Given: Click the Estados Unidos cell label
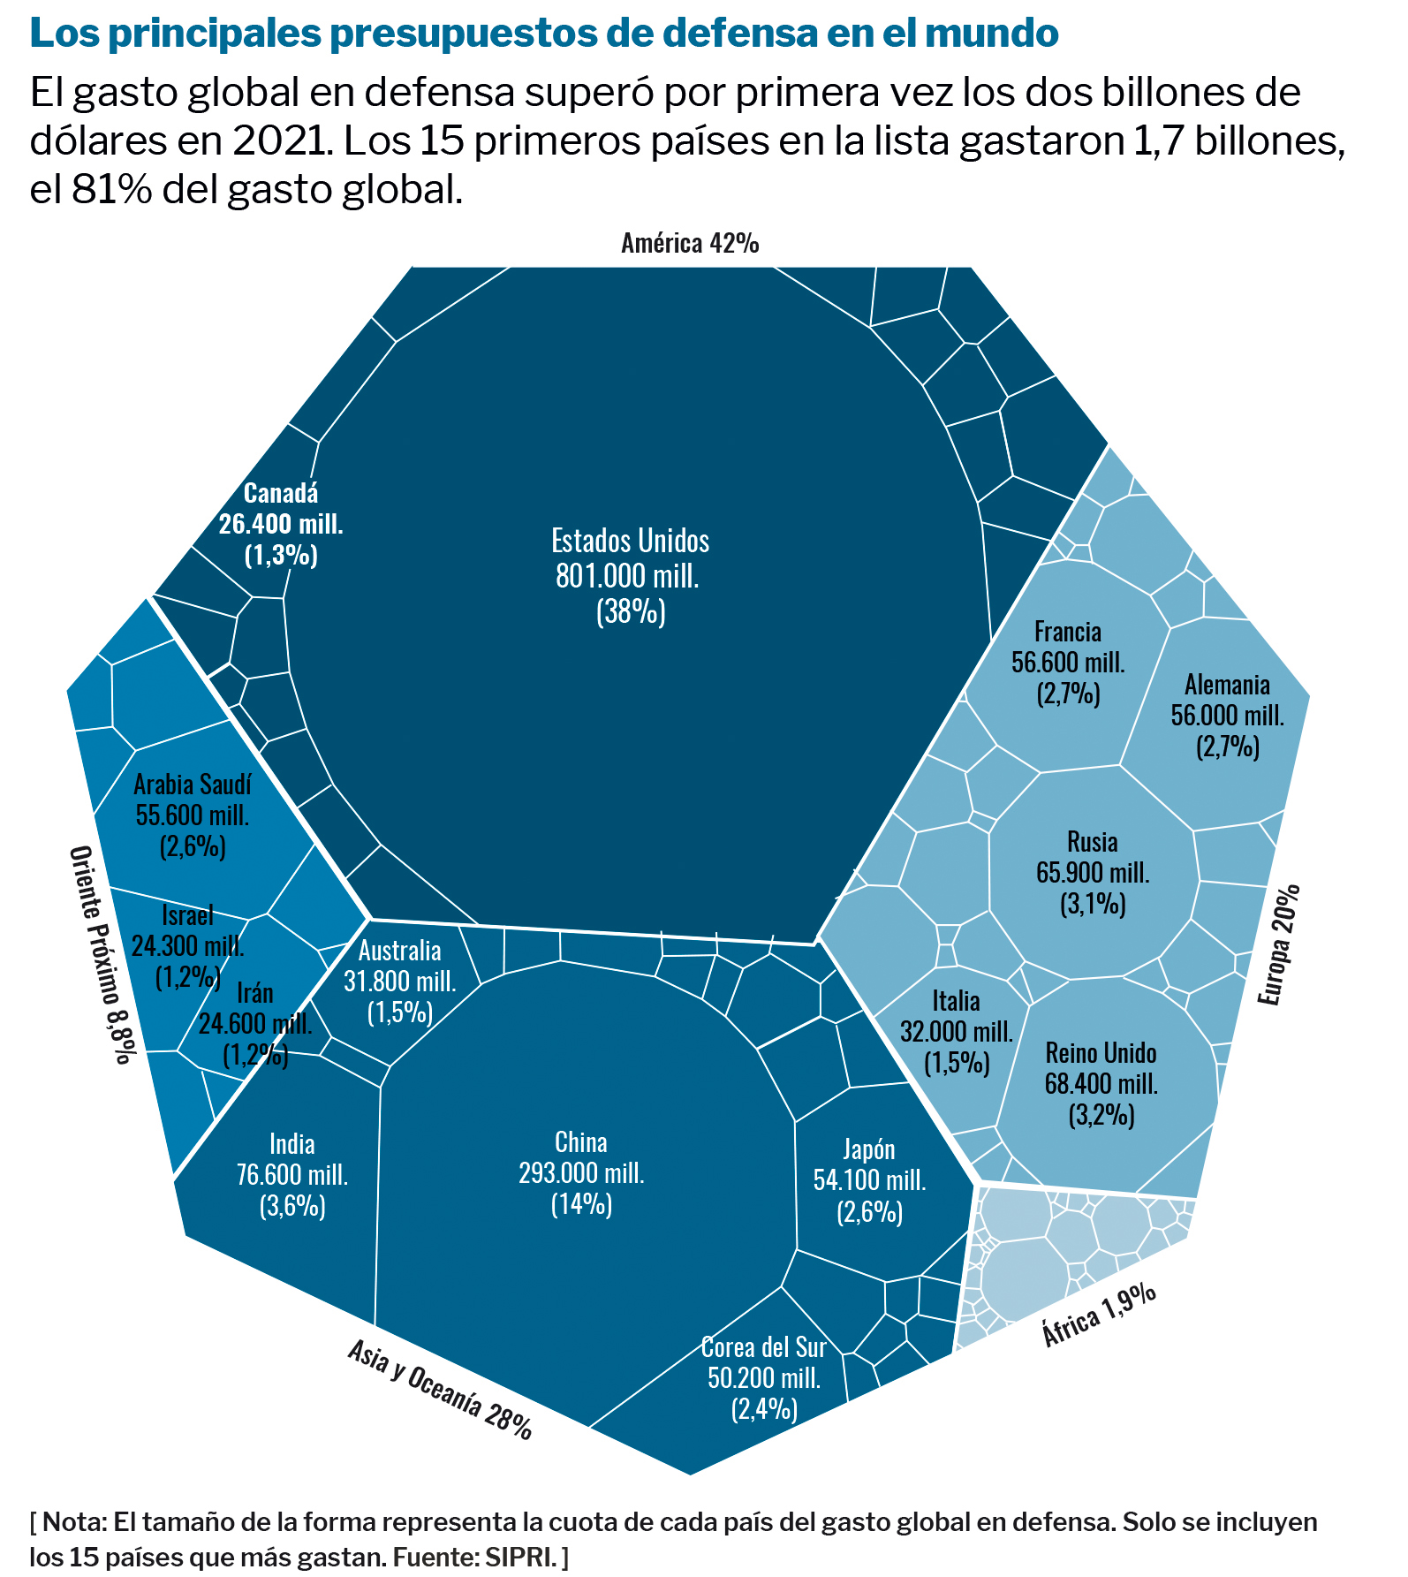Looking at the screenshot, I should [630, 575].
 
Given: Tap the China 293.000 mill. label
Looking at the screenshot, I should [581, 1172].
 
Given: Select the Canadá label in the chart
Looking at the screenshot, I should [281, 523].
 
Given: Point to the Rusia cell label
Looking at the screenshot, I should [1093, 872].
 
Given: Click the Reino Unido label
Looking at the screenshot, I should [1101, 1083].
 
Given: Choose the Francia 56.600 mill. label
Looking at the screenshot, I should [1068, 662].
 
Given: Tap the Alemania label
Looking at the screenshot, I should [1227, 715].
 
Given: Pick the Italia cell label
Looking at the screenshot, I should [957, 1031].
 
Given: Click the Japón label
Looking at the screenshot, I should [869, 1179].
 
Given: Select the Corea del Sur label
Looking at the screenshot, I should [764, 1377].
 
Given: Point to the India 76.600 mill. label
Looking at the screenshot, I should [292, 1174].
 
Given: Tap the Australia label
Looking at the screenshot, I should [400, 981].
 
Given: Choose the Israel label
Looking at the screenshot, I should [187, 946].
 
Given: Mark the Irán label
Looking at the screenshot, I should [255, 1023].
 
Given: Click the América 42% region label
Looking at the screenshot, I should [690, 243].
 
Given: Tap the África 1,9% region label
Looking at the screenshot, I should [1099, 1314].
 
